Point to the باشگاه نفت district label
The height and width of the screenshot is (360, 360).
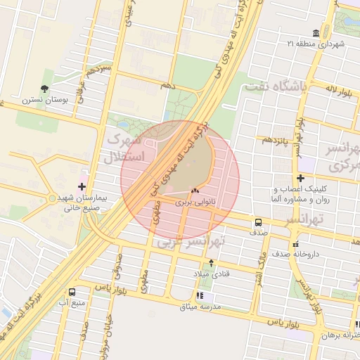275,87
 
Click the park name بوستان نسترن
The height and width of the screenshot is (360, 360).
46,100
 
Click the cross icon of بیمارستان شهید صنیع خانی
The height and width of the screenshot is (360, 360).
82,187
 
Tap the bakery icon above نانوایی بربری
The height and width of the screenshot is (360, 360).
195,191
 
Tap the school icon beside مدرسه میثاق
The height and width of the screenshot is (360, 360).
200,296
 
